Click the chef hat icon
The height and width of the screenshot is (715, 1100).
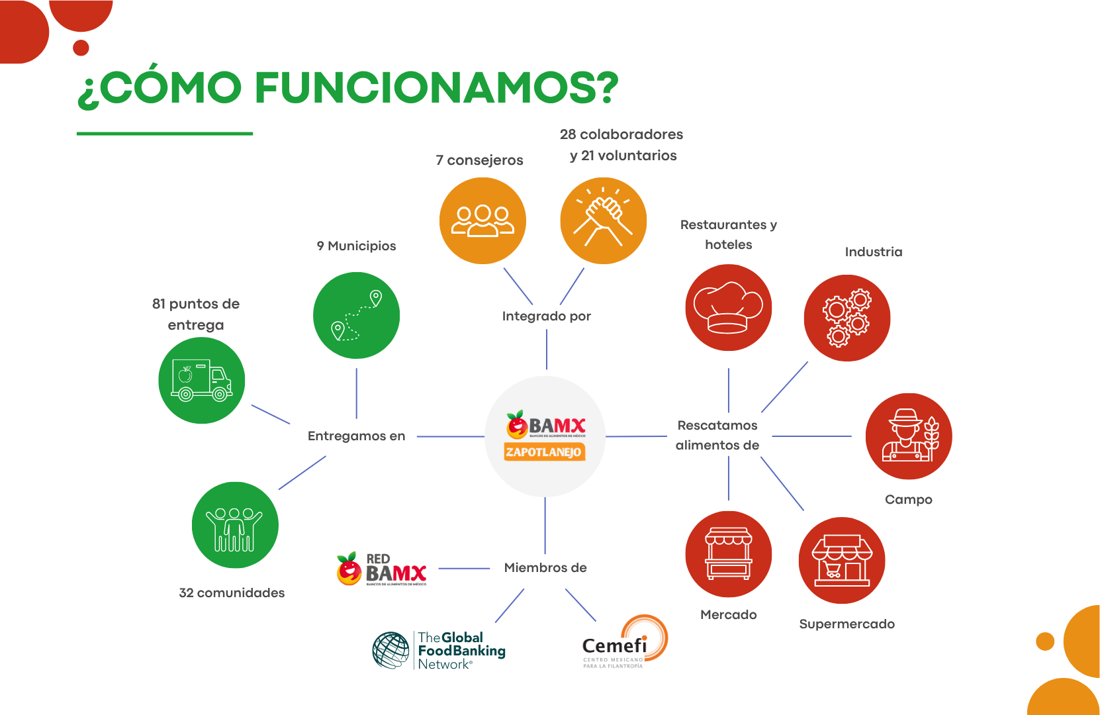[728, 307]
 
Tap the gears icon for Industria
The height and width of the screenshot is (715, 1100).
[847, 318]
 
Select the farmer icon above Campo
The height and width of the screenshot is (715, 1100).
[908, 436]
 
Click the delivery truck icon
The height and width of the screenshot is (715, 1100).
[201, 381]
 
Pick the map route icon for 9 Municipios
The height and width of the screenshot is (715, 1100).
[356, 315]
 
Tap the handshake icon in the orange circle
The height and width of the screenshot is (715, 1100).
[603, 220]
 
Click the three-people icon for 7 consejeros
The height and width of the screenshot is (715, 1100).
[482, 220]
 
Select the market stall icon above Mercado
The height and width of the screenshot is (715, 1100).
[728, 554]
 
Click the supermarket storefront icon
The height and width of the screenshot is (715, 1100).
[842, 560]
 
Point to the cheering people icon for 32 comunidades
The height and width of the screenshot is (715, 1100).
[235, 525]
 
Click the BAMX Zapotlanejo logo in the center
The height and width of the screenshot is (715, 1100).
[545, 436]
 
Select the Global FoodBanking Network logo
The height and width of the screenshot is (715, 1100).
[439, 650]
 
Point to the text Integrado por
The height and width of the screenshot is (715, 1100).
[546, 316]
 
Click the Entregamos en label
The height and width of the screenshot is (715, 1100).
[356, 436]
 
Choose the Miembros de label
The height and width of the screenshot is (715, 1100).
[545, 568]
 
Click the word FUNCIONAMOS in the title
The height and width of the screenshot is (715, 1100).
[437, 88]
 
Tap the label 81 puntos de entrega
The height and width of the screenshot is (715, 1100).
[196, 314]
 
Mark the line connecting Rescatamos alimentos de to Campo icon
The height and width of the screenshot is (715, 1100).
[812, 436]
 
